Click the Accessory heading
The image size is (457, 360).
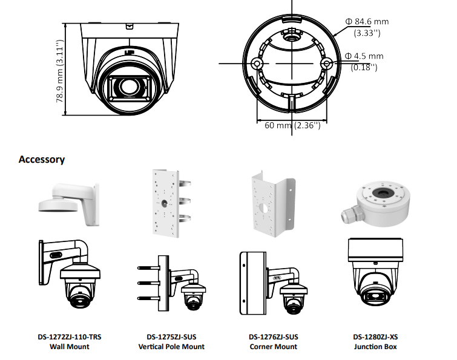(x=42, y=160)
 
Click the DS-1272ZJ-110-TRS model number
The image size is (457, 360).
(x=69, y=337)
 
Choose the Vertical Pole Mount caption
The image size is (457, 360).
(x=171, y=347)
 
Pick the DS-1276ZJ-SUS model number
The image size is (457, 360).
(x=273, y=337)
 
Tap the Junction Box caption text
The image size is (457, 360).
(x=375, y=347)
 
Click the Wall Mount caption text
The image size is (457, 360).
(x=69, y=347)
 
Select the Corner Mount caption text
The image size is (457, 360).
(x=273, y=347)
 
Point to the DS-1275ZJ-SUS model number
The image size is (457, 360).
(x=171, y=337)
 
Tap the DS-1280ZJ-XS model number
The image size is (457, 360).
(x=375, y=337)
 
